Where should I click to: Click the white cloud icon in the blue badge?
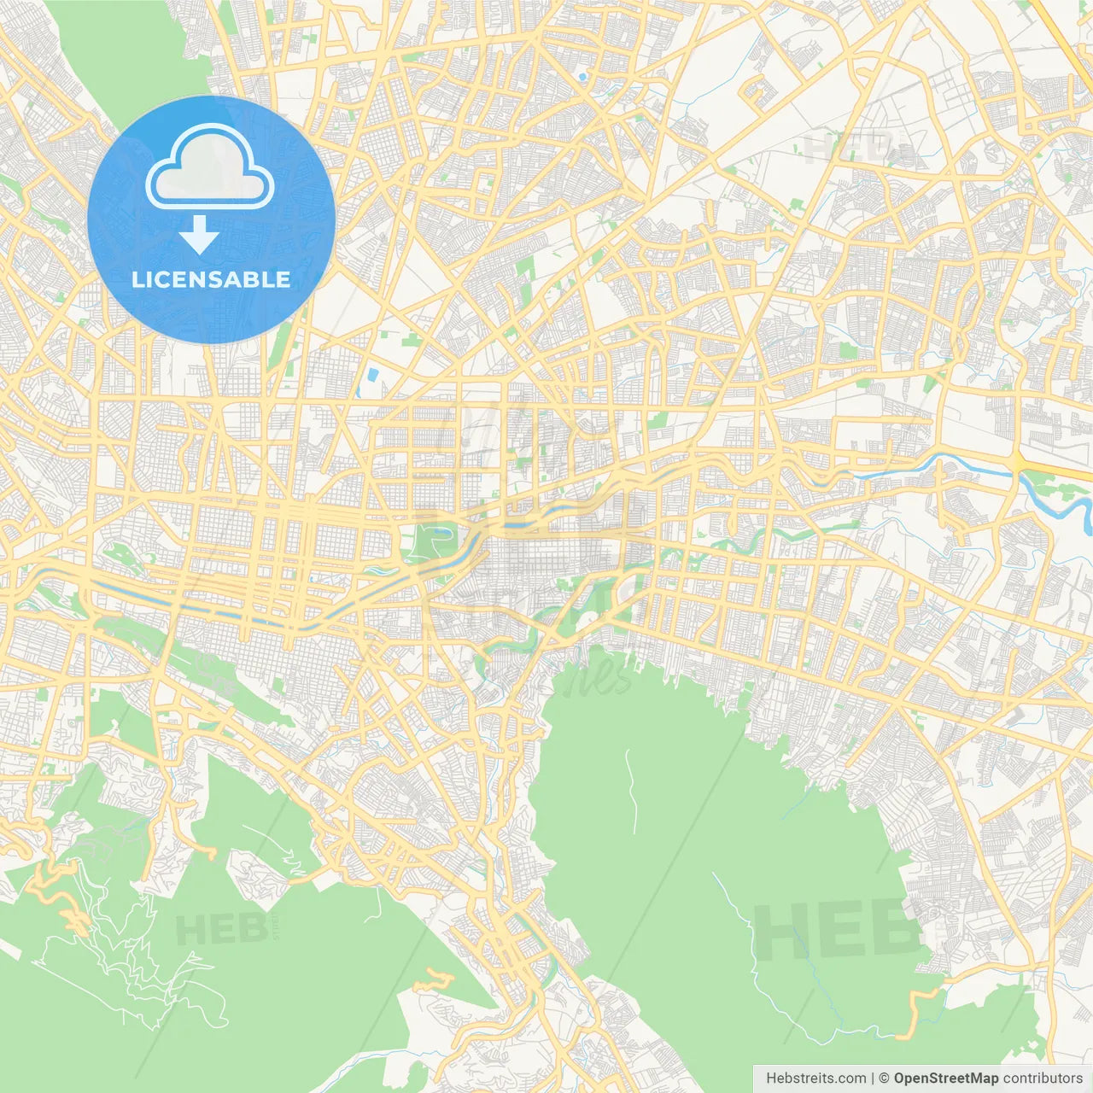[x=210, y=167]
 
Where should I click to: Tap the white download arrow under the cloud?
[x=200, y=235]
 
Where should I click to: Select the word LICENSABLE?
[x=211, y=279]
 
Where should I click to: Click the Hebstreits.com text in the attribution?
[x=815, y=1078]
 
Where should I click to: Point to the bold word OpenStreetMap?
[x=946, y=1078]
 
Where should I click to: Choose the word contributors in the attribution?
[x=1043, y=1078]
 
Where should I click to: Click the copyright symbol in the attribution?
[x=884, y=1078]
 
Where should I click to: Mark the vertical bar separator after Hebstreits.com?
[x=873, y=1078]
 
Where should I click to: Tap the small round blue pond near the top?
[x=582, y=78]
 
